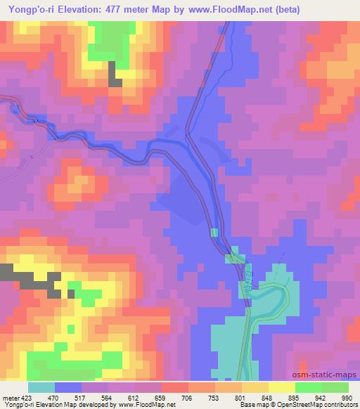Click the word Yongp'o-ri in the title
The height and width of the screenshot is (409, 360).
[x=30, y=9]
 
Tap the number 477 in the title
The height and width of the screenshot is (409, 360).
[x=112, y=9]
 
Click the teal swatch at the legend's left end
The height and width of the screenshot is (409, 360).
[x=41, y=388]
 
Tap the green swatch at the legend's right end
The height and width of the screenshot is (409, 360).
[x=335, y=388]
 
